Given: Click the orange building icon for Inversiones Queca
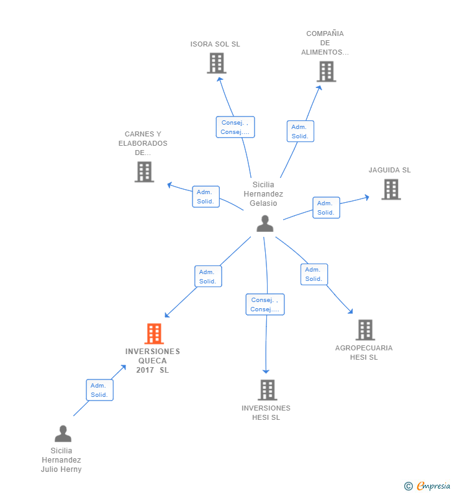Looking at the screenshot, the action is pyautogui.click(x=154, y=334).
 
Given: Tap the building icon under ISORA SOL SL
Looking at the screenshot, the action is pyautogui.click(x=217, y=63).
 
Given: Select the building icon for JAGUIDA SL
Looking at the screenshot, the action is pyautogui.click(x=391, y=190).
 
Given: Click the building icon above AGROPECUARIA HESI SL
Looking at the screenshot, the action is pyautogui.click(x=365, y=330).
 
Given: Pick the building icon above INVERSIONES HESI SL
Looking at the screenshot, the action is pyautogui.click(x=267, y=390).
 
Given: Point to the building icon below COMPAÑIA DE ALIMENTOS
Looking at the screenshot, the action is pyautogui.click(x=327, y=72).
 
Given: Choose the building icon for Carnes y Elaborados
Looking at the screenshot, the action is pyautogui.click(x=144, y=172).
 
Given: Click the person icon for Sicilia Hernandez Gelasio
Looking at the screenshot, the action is pyautogui.click(x=264, y=223).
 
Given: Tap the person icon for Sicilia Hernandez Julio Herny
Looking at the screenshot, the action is pyautogui.click(x=63, y=434).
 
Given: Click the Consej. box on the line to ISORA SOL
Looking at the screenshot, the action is pyautogui.click(x=235, y=127).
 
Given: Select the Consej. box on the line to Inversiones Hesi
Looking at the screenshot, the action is pyautogui.click(x=265, y=304).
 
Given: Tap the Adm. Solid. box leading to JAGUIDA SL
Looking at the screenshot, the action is pyautogui.click(x=326, y=208).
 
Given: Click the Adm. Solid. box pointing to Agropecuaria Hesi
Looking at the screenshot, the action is pyautogui.click(x=314, y=274).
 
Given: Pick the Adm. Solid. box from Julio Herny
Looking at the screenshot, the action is pyautogui.click(x=99, y=390).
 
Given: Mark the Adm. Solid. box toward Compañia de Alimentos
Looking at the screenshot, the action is pyautogui.click(x=301, y=131).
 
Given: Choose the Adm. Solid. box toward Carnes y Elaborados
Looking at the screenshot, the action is pyautogui.click(x=206, y=197).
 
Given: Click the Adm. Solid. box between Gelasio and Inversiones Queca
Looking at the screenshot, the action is pyautogui.click(x=208, y=277).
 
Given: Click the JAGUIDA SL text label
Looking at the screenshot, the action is pyautogui.click(x=390, y=170).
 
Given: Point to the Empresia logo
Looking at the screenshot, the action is pyautogui.click(x=427, y=486).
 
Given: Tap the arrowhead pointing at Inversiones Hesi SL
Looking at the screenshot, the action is pyautogui.click(x=266, y=371).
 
